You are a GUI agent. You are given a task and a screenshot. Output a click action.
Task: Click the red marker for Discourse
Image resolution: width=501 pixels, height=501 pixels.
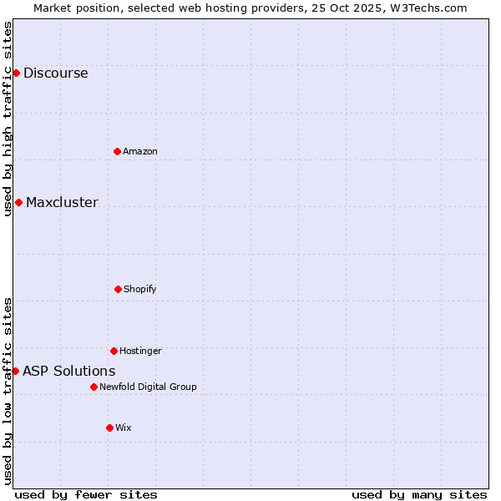click(16, 73)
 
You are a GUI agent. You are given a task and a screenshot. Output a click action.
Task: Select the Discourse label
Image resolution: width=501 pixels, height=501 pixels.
click(55, 73)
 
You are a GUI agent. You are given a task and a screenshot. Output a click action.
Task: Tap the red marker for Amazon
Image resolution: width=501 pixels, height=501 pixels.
click(117, 151)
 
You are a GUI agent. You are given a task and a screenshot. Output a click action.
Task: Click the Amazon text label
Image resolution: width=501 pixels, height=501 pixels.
click(139, 151)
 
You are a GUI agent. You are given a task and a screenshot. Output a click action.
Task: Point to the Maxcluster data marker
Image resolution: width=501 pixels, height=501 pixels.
click(18, 202)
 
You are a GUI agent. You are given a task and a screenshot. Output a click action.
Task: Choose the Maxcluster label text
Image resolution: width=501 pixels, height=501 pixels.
click(62, 202)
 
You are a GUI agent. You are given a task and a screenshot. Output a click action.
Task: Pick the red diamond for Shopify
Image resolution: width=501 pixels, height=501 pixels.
click(118, 289)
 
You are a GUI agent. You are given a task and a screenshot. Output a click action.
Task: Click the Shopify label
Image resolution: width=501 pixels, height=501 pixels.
click(139, 289)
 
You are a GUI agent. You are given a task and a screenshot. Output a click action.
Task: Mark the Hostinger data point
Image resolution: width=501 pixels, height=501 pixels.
click(114, 351)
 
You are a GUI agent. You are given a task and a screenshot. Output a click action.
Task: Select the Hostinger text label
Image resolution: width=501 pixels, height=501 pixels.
click(140, 351)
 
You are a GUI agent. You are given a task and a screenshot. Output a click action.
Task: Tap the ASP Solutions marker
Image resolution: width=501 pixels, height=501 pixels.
click(15, 371)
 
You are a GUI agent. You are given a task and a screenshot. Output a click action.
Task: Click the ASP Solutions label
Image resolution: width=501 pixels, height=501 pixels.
click(68, 371)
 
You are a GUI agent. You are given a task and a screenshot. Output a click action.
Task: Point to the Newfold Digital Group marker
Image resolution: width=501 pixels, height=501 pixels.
click(94, 387)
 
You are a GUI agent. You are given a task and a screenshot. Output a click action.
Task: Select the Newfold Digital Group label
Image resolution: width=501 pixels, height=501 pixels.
click(148, 387)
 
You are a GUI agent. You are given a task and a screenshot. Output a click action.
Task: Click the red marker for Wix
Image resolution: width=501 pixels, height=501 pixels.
click(109, 428)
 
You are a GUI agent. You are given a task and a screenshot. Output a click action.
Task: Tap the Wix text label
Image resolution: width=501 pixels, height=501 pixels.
click(123, 428)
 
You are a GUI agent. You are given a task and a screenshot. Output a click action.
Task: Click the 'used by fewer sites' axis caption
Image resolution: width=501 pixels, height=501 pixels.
click(86, 494)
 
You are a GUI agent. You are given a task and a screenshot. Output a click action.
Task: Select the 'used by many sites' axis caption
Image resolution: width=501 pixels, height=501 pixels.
click(419, 494)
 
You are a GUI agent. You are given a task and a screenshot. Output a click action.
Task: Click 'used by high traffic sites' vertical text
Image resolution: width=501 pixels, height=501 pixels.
click(8, 119)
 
